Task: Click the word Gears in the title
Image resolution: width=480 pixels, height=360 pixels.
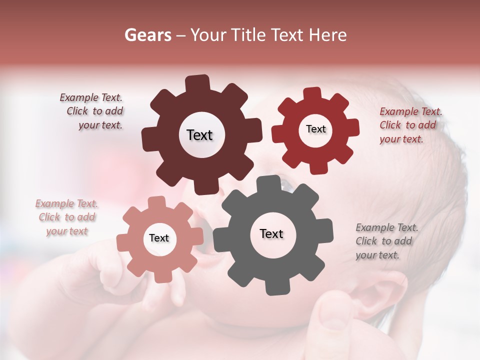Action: point(146,35)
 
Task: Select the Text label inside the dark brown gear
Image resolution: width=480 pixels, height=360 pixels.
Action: point(199,135)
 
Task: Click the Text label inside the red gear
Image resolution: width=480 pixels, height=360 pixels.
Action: point(315,129)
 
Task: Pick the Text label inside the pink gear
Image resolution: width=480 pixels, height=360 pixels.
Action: point(158,238)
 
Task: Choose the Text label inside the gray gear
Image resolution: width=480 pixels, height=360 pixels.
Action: point(271,234)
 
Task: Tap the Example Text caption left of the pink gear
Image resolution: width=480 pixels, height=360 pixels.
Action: point(66,217)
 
